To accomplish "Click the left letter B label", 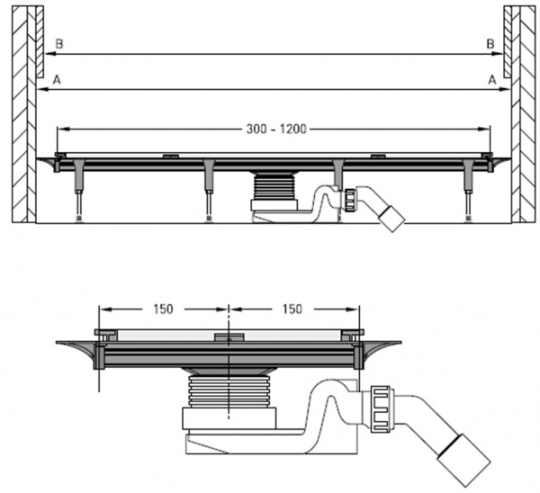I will point(58,43).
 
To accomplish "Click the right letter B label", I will point(490,43).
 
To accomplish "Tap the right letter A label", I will point(492,79).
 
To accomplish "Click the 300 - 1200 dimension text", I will point(275,130).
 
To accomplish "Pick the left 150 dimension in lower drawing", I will point(163,309).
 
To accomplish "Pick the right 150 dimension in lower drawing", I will point(293,309).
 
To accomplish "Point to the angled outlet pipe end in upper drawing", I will point(392,216).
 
